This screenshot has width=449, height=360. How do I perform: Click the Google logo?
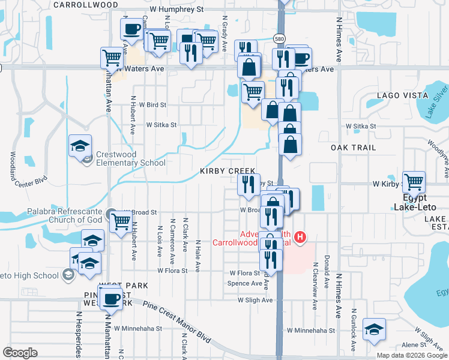coord(20,353)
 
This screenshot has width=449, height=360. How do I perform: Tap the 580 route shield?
coord(279,38)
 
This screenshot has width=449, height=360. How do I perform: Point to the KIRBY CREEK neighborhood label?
coord(228,171)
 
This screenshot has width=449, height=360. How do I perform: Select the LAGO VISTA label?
coord(397,95)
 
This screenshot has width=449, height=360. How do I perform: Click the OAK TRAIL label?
coord(353,147)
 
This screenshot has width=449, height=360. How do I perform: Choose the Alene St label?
coord(414,345)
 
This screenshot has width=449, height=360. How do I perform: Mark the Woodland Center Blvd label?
coord(11,169)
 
